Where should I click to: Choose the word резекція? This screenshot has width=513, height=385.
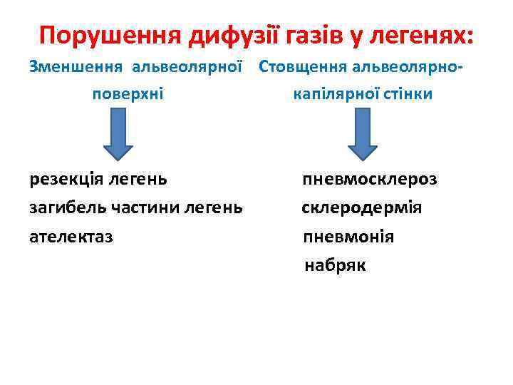click(x=66, y=178)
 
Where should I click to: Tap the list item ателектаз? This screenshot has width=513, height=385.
click(x=71, y=236)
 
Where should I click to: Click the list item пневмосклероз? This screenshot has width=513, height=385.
click(x=369, y=178)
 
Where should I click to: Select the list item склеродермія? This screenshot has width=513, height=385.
click(x=361, y=207)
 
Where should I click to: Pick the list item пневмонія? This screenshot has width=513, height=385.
click(x=348, y=236)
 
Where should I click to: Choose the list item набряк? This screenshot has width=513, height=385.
click(x=335, y=265)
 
